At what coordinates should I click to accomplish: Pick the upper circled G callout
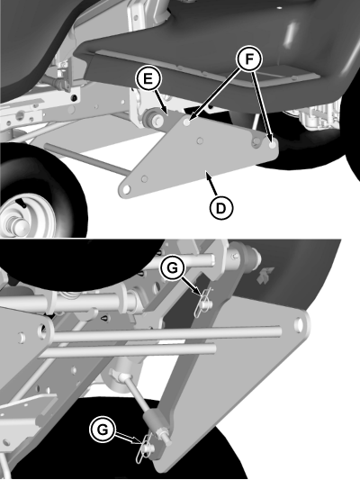pos(173,267)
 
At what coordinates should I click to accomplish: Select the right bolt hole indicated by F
pos(271,140)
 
